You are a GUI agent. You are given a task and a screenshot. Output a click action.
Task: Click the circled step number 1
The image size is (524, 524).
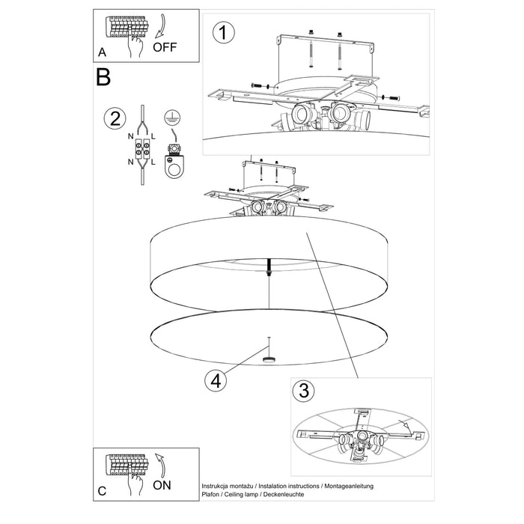(x=223, y=33)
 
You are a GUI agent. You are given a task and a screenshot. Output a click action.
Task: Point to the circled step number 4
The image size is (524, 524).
(x=215, y=380)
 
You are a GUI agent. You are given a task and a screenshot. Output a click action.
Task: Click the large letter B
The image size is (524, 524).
(x=103, y=76)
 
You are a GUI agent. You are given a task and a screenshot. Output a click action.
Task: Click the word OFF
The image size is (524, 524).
(x=166, y=47)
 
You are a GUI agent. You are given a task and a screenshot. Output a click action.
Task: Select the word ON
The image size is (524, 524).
(x=163, y=484)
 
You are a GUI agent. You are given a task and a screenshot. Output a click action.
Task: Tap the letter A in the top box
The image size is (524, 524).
(x=103, y=52)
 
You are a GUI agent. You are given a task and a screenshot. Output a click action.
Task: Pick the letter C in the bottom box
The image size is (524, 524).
(x=103, y=491)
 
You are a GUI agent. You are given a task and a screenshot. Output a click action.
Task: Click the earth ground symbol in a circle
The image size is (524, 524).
(x=171, y=116)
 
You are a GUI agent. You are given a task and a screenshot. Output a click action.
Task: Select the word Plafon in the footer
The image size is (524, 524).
(x=213, y=495)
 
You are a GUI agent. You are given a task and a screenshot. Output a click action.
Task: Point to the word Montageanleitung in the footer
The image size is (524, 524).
(x=347, y=487)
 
